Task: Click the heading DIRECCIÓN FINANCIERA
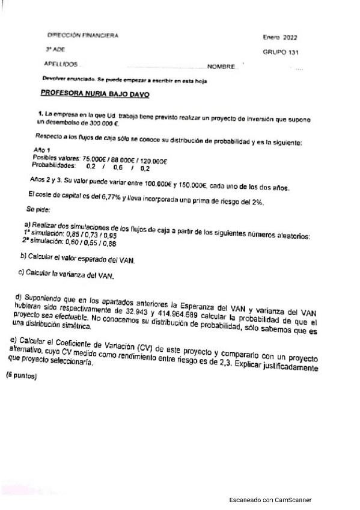point(82,35)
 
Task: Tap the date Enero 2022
point(280,37)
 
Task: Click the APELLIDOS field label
point(61,64)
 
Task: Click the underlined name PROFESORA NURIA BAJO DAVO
point(94,94)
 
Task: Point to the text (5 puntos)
point(22,377)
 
